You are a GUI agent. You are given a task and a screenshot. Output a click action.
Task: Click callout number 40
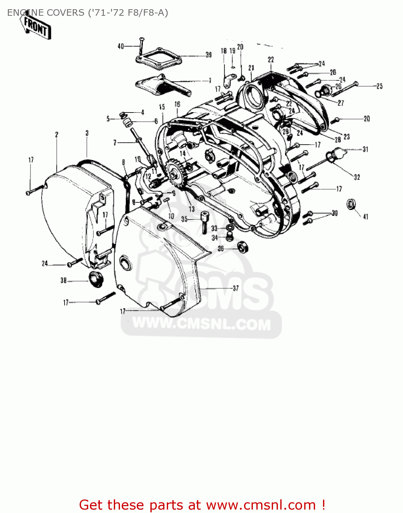[x=121, y=46]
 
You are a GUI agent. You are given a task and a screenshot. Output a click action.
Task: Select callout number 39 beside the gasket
[x=209, y=55]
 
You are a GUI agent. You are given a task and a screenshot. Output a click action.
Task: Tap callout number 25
[x=379, y=86]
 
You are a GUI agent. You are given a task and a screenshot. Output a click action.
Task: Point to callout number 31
[x=365, y=149]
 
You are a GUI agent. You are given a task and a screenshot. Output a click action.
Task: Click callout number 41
[x=365, y=216]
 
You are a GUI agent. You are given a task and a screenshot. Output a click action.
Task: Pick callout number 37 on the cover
[x=236, y=288]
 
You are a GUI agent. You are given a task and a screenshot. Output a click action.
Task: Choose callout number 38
[x=64, y=280]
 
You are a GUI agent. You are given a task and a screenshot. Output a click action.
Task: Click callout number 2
[x=57, y=135]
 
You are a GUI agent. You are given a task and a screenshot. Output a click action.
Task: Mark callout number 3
[x=87, y=133]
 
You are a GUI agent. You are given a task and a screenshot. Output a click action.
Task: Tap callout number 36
[x=221, y=249]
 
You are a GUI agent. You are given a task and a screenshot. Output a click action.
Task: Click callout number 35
[x=184, y=219]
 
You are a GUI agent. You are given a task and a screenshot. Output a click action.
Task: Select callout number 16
[x=177, y=104]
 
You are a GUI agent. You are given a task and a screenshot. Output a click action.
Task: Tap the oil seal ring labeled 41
[x=351, y=204]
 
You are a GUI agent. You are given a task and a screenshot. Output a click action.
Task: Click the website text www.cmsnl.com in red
[x=261, y=505]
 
